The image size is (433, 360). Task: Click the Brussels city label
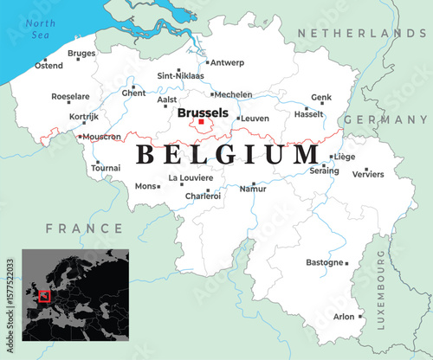coord(202,112)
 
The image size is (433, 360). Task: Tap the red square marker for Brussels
coord(201,123)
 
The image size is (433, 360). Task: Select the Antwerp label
coord(227,62)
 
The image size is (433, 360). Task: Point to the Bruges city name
coord(81,53)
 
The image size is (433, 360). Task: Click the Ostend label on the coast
coord(48,67)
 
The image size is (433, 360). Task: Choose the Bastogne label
coord(324,262)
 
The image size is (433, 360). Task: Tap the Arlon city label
coord(344,317)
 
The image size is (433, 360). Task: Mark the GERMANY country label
coord(386,119)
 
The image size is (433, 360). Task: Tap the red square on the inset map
coord(44,297)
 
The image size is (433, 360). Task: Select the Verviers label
coord(368,174)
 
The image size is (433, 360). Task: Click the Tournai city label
coord(106,168)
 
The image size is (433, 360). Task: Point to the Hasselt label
coord(309,114)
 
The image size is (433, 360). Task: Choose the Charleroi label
coord(203,196)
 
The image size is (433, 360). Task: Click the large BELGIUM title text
coord(227,155)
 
